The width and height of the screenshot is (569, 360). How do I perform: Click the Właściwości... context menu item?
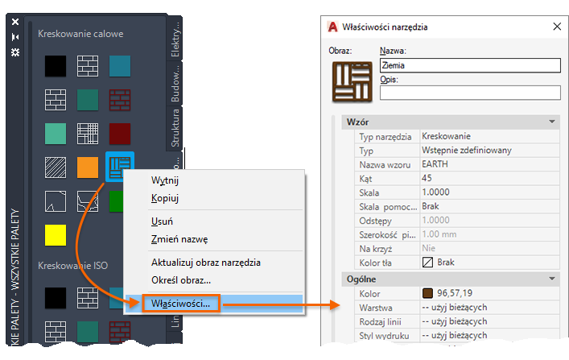pyautogui.click(x=181, y=304)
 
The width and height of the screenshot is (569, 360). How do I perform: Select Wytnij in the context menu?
pyautogui.click(x=164, y=180)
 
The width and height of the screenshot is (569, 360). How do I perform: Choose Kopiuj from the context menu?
pyautogui.click(x=164, y=198)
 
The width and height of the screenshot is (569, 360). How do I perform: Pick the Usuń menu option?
pyautogui.click(x=163, y=221)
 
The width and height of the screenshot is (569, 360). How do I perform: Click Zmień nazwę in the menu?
pyautogui.click(x=179, y=239)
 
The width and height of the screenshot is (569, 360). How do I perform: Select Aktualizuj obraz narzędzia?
pyautogui.click(x=205, y=263)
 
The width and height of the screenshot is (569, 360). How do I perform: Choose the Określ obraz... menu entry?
pyautogui.click(x=181, y=280)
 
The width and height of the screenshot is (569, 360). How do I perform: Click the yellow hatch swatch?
pyautogui.click(x=56, y=235)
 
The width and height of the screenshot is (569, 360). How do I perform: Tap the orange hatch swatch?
pyautogui.click(x=88, y=167)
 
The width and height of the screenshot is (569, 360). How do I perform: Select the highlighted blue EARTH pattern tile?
pyautogui.click(x=119, y=167)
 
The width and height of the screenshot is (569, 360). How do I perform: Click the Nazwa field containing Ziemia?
pyautogui.click(x=469, y=65)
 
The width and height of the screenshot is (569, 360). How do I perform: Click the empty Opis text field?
pyautogui.click(x=469, y=92)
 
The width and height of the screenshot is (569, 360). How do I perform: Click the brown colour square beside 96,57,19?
pyautogui.click(x=427, y=292)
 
